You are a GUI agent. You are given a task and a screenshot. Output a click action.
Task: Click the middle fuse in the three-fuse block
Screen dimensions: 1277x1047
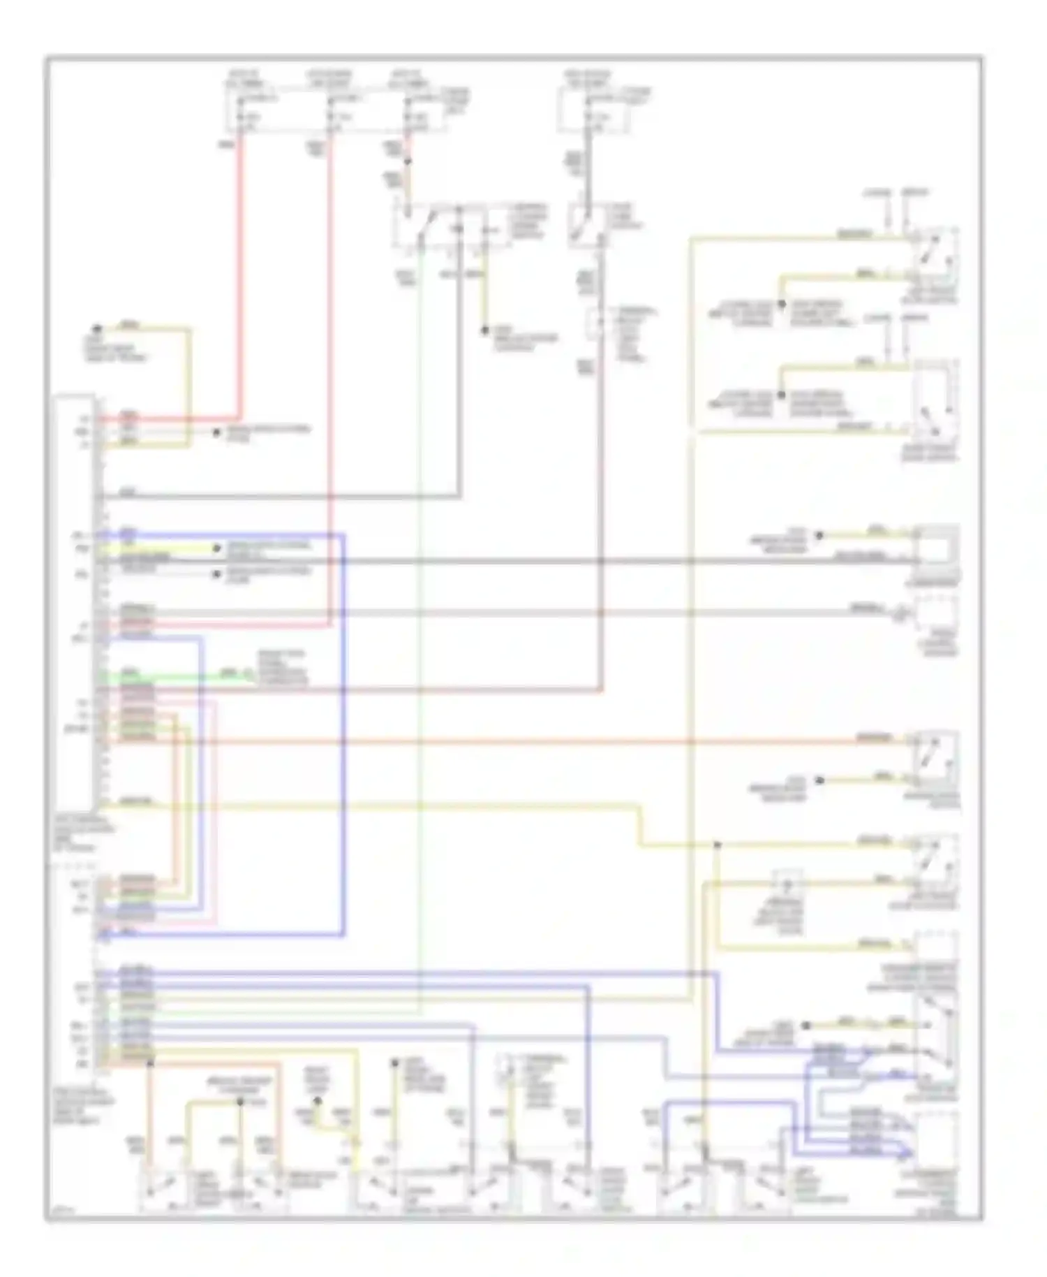(329, 112)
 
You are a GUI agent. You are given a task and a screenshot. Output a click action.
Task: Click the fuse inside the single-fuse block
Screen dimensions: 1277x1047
(589, 112)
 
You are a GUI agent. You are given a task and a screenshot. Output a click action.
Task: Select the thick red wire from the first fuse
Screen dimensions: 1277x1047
(241, 279)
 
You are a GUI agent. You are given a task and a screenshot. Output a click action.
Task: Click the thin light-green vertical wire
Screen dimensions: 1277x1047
(419, 629)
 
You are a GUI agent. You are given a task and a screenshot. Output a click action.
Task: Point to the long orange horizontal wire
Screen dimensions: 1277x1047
(489, 740)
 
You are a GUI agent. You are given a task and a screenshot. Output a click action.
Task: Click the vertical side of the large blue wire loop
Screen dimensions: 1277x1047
(343, 734)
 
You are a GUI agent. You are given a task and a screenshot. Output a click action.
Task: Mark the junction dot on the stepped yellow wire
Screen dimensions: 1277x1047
(717, 846)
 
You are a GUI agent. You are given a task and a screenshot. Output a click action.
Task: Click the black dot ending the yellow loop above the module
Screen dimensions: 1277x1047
(97, 328)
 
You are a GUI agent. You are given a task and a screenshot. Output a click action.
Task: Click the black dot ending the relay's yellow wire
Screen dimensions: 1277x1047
(485, 330)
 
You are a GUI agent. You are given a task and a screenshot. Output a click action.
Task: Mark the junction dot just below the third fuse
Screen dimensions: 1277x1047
(408, 162)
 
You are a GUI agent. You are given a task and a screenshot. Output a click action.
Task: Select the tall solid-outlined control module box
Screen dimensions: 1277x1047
(75, 601)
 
